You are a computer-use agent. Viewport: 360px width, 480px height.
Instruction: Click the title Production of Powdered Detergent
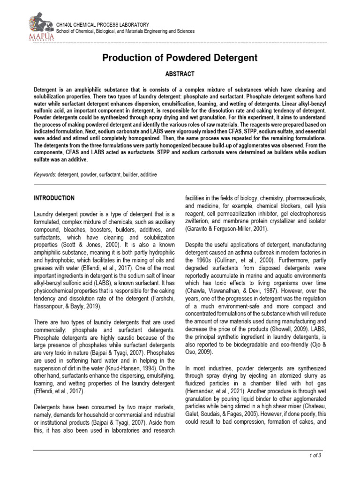[180, 58]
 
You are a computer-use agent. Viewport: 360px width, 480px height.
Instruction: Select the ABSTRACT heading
[180, 74]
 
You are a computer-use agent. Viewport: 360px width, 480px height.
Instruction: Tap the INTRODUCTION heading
[54, 198]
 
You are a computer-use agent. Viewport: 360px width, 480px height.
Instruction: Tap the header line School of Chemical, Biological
[125, 31]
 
